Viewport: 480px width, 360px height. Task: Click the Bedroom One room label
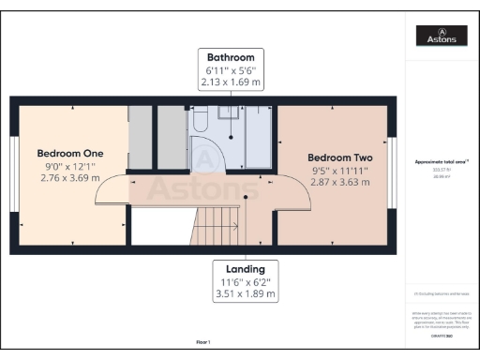tap(69, 153)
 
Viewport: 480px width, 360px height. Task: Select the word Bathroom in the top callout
tap(232, 56)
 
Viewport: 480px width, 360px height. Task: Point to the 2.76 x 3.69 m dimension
tap(69, 178)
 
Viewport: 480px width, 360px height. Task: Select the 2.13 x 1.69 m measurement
tap(232, 82)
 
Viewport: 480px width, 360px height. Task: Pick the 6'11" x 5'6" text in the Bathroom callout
tap(232, 69)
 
